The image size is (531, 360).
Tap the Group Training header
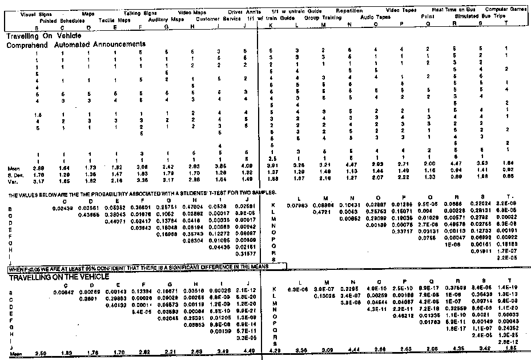319,19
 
